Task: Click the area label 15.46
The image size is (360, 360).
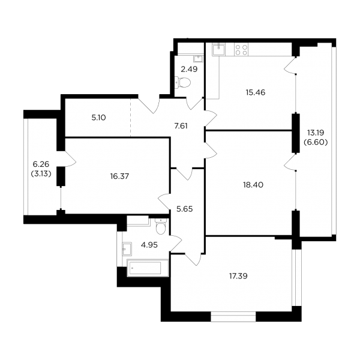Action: coord(256,92)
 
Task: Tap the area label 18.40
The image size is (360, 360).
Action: coord(253,185)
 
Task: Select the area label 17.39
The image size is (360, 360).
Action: coord(238,276)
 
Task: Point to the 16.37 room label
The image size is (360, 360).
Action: coord(119,176)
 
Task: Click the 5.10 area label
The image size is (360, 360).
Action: coord(98,118)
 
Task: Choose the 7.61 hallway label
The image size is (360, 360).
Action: coord(181,126)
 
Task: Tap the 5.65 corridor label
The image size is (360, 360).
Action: coord(185,209)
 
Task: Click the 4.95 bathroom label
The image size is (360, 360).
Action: coord(149,245)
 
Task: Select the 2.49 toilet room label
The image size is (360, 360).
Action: coord(189,69)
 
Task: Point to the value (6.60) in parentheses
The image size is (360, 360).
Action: coord(316,142)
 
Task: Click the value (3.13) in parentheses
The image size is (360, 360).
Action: coord(41,174)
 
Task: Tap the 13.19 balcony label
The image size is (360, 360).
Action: coord(316,133)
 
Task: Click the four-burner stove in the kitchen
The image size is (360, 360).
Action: coord(241,50)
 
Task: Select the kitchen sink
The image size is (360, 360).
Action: coord(219,49)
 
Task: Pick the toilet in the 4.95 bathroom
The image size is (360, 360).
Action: coord(160,226)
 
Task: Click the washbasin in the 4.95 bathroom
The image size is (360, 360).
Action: coord(127,248)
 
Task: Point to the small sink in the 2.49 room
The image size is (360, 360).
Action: coord(197,59)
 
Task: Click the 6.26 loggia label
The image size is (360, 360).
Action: coord(41,164)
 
